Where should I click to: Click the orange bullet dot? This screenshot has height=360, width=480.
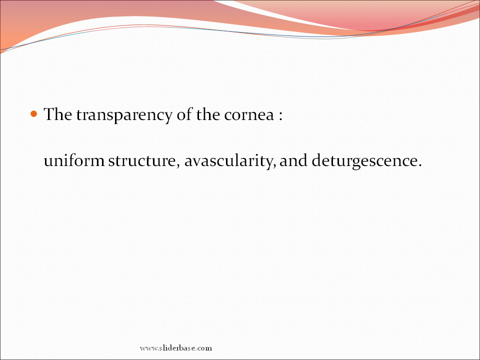point(33,114)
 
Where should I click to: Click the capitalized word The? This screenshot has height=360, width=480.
point(58,114)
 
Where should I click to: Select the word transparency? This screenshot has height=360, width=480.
point(124,115)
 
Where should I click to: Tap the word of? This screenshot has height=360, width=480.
point(184,114)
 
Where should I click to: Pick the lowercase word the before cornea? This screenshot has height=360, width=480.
point(208,114)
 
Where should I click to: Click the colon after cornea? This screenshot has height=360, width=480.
point(280,116)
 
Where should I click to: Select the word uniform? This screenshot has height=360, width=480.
point(74,160)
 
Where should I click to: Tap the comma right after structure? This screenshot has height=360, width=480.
point(178,165)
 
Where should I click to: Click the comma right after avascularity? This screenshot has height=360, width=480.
point(274,165)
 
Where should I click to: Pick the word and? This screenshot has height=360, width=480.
point(293,160)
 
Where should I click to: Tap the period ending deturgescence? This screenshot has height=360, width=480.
point(419,165)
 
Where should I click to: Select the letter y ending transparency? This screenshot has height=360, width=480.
point(168,118)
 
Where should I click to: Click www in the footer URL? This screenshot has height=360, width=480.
point(148,348)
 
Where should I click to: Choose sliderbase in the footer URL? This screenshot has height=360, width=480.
point(178,348)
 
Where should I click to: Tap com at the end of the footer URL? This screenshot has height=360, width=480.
point(205,348)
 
